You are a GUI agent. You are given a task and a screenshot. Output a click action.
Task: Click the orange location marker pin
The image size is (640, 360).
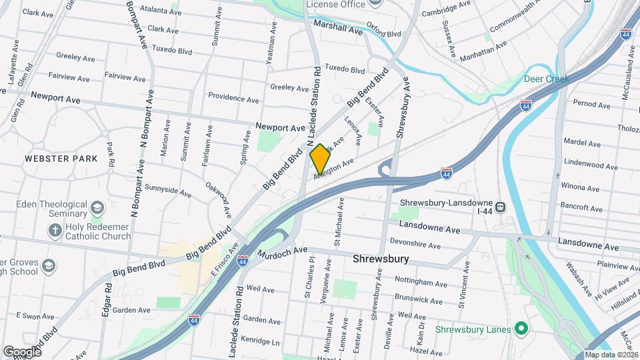click(x=320, y=159)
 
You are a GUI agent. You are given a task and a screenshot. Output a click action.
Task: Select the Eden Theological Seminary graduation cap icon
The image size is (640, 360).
click(x=97, y=208)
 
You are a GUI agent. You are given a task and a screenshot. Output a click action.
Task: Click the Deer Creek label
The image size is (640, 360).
click(x=546, y=79)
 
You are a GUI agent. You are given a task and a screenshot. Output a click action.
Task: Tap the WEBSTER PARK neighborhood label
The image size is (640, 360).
click(x=61, y=159)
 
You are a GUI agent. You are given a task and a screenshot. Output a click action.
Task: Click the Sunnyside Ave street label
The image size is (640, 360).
click(x=167, y=192)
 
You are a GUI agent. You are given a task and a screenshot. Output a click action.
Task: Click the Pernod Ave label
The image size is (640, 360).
click(x=591, y=105)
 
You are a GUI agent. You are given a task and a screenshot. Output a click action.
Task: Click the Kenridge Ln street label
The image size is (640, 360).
click(x=261, y=341)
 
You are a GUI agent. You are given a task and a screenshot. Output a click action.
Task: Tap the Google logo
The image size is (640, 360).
click(x=22, y=351)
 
